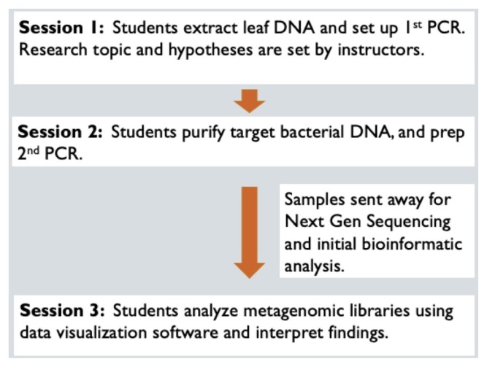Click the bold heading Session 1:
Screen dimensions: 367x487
click(x=61, y=29)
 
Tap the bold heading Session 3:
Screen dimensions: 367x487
click(x=61, y=311)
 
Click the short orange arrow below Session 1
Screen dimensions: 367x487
click(x=250, y=101)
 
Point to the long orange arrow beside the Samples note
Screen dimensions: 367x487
click(x=250, y=231)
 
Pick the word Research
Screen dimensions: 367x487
click(x=53, y=53)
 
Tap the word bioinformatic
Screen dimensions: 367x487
click(x=418, y=244)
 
